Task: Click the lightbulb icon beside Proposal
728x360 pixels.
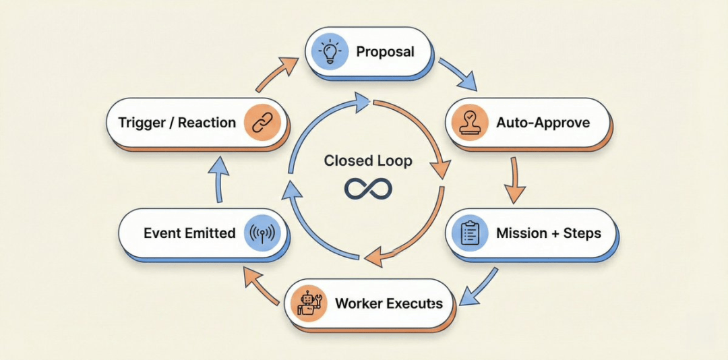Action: pos(330,52)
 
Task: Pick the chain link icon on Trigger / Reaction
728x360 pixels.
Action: pos(260,123)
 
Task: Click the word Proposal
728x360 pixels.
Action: pos(385,52)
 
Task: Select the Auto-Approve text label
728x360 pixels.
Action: pos(543,123)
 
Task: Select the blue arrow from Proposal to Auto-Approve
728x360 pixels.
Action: pos(459,75)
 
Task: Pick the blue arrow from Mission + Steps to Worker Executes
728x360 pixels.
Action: pos(483,284)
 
